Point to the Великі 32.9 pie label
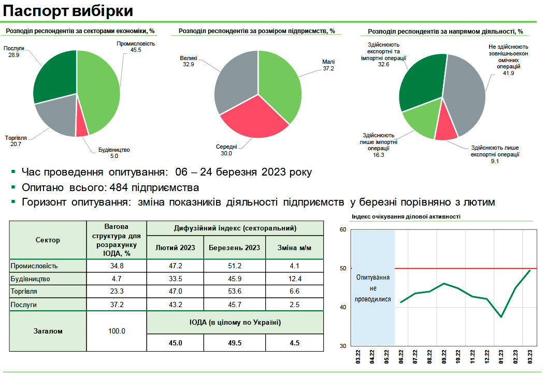189,62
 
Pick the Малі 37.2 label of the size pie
328,65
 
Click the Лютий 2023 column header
175,248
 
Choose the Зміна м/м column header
294,248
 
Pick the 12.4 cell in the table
294,279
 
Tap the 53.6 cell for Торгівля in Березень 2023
235,292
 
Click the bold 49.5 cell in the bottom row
235,342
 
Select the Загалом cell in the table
48,331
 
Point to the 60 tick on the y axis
342,229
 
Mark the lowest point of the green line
501,317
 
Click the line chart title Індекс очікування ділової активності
406,216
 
